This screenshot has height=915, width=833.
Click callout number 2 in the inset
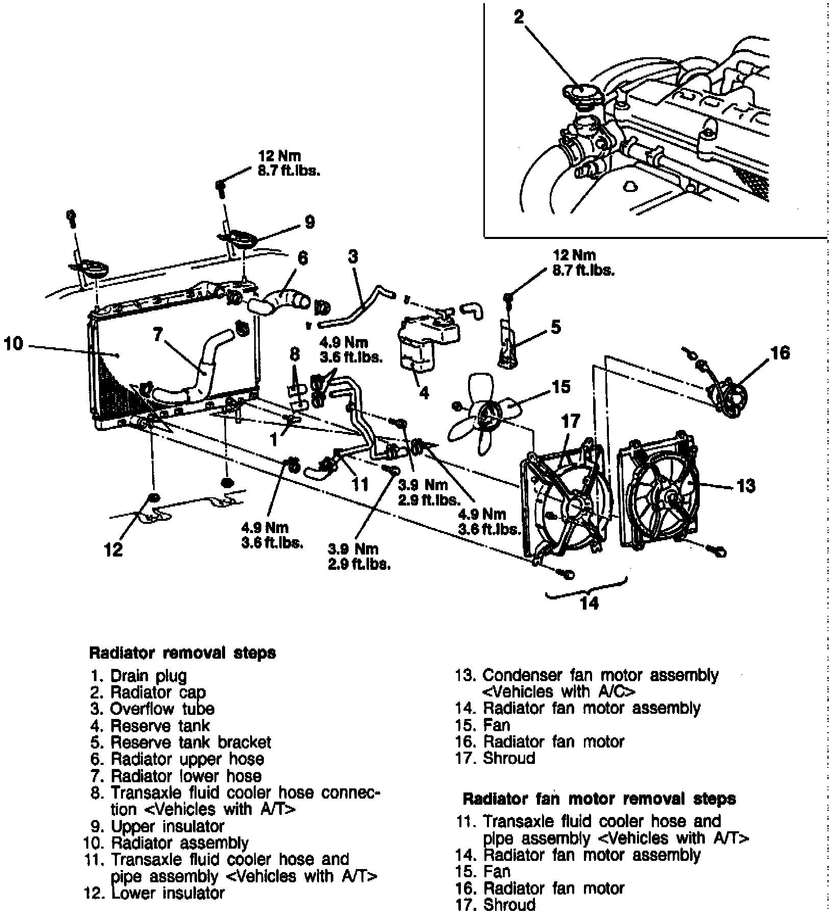pyautogui.click(x=519, y=18)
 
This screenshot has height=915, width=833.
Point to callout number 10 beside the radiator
pyautogui.click(x=13, y=344)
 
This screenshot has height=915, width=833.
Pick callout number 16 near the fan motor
pyautogui.click(x=780, y=352)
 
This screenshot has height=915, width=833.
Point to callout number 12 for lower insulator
pyautogui.click(x=113, y=550)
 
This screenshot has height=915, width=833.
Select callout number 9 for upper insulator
pyautogui.click(x=309, y=222)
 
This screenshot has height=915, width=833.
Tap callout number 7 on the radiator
pyautogui.click(x=158, y=334)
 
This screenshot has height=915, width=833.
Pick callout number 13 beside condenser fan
pyautogui.click(x=746, y=486)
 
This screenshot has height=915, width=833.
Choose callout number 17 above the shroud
pyautogui.click(x=571, y=421)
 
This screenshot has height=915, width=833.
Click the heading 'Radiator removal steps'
pyautogui.click(x=182, y=653)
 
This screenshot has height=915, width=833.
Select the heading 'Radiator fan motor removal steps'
pyautogui.click(x=599, y=799)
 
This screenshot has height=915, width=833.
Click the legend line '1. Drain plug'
pyautogui.click(x=139, y=676)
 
